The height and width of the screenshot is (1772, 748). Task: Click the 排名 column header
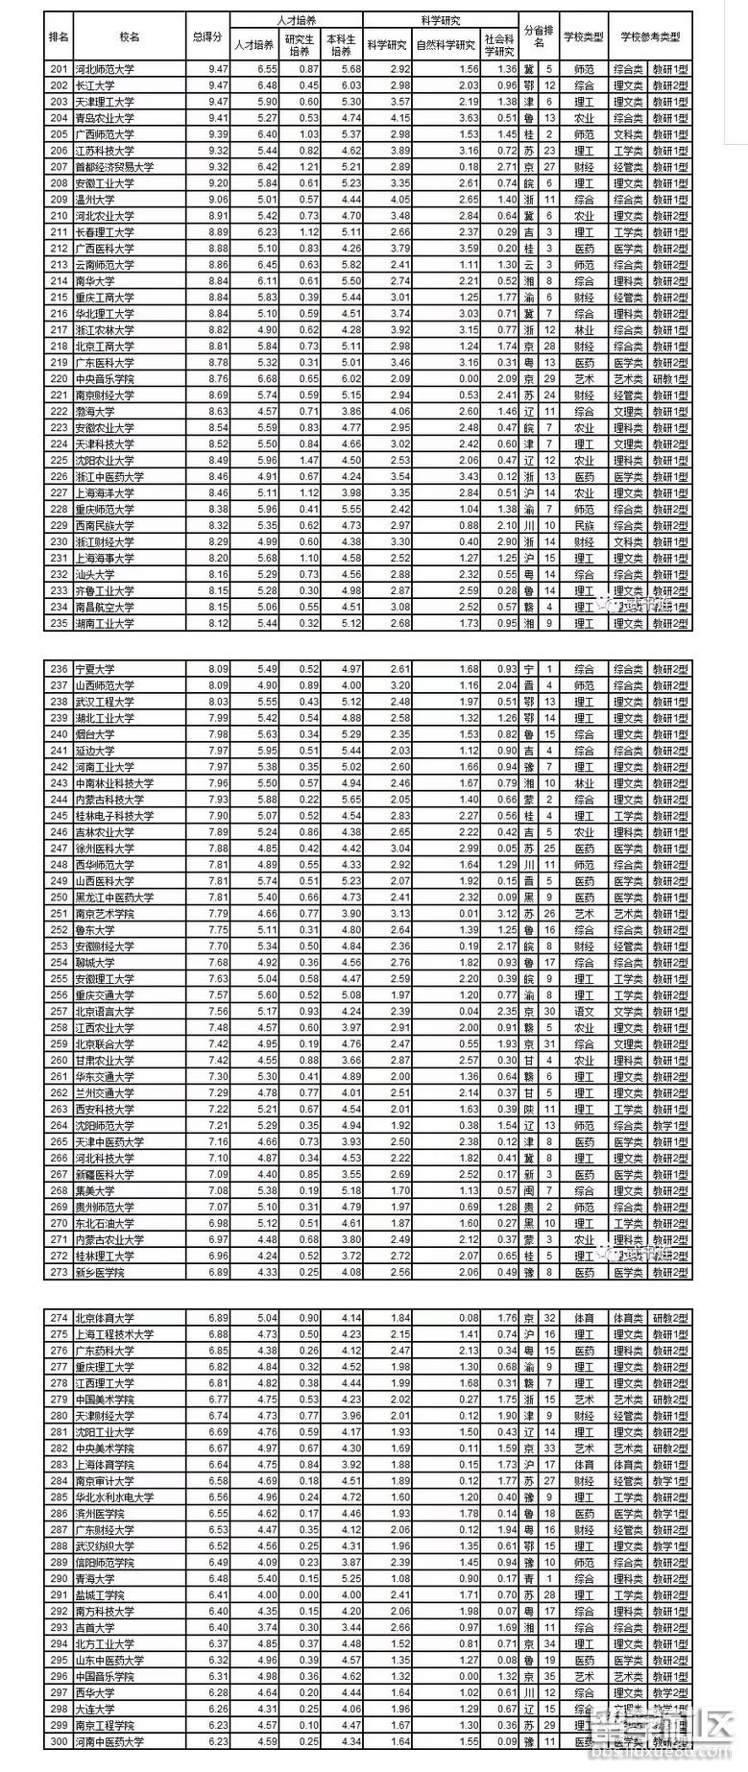(59, 36)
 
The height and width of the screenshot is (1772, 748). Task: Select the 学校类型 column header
(584, 36)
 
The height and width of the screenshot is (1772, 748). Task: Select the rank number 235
(59, 624)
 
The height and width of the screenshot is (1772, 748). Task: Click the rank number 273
(59, 1273)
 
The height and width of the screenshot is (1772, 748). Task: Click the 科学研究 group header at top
(441, 19)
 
